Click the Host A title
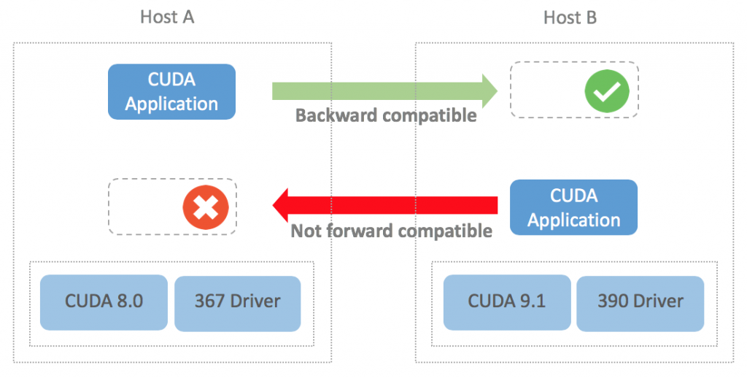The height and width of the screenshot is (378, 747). pyautogui.click(x=167, y=17)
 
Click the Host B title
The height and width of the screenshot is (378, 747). pyautogui.click(x=570, y=17)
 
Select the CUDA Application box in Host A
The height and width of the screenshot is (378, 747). pyautogui.click(x=171, y=91)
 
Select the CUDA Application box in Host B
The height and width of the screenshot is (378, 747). pyautogui.click(x=573, y=207)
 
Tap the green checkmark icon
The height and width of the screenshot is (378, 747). pyautogui.click(x=607, y=90)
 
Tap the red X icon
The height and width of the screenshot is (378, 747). pyautogui.click(x=206, y=207)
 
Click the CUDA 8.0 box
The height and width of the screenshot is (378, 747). pyautogui.click(x=104, y=301)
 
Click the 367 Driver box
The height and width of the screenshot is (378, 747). pyautogui.click(x=237, y=301)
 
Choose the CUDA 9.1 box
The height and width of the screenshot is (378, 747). pyautogui.click(x=506, y=301)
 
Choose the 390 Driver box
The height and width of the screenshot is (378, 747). pyautogui.click(x=640, y=301)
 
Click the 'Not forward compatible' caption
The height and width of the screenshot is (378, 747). pyautogui.click(x=392, y=231)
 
